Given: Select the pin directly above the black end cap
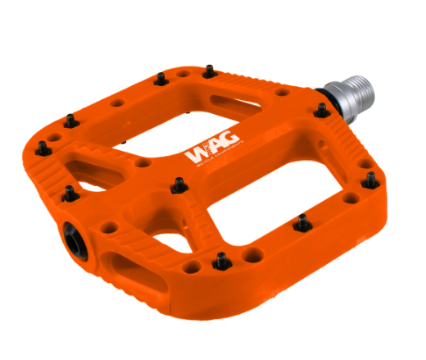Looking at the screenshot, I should [70, 193].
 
